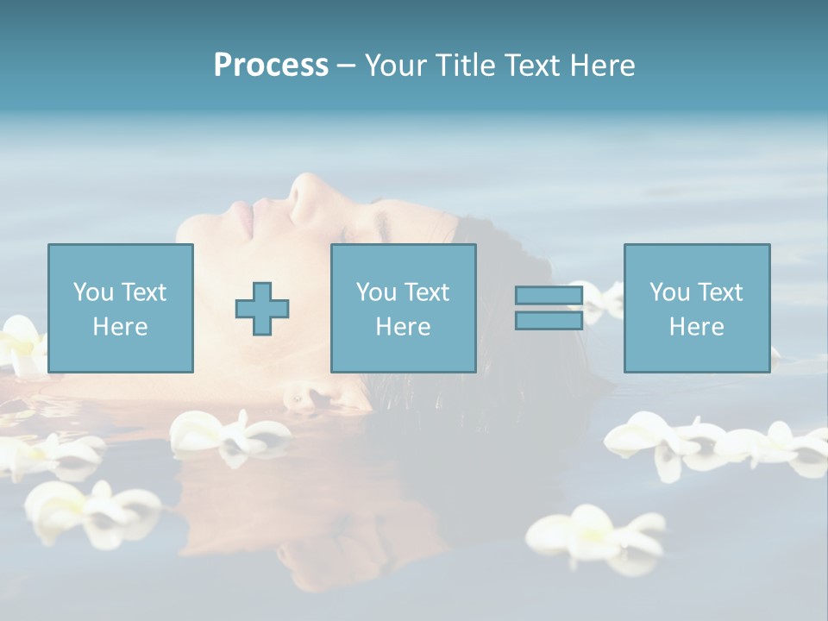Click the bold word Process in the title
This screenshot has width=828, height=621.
pyautogui.click(x=271, y=66)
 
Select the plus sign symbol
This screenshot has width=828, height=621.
pyautogui.click(x=262, y=309)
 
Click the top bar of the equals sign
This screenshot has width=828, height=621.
pyautogui.click(x=549, y=296)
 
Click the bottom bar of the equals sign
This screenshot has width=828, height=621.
pyautogui.click(x=549, y=320)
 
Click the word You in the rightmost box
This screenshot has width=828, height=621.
pyautogui.click(x=668, y=292)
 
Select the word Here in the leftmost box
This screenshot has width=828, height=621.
pyautogui.click(x=121, y=327)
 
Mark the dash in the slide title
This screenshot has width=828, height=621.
pyautogui.click(x=346, y=66)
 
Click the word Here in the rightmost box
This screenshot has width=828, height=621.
pyautogui.click(x=697, y=327)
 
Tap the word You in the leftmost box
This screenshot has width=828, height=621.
pyautogui.click(x=93, y=292)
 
